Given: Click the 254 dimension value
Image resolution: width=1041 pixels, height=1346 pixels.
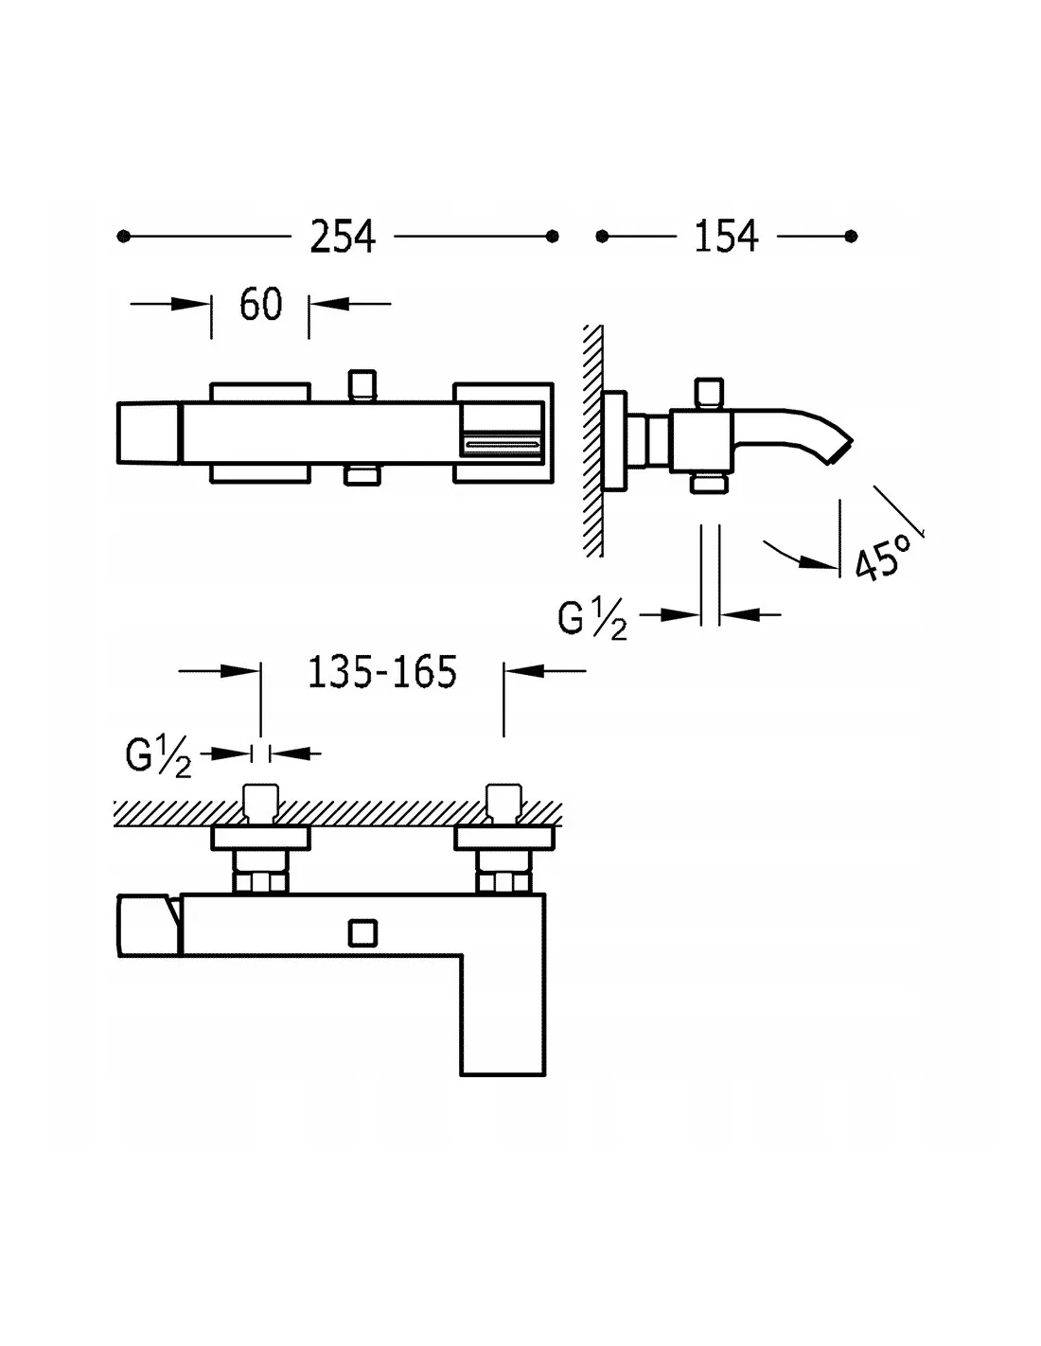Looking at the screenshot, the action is (x=342, y=237).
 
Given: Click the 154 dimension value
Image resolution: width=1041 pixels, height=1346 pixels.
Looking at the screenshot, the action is (x=726, y=236).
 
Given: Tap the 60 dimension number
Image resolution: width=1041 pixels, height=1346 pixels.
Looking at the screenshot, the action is (x=260, y=304).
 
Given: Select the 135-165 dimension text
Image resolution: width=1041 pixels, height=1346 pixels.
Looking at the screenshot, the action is (x=382, y=671).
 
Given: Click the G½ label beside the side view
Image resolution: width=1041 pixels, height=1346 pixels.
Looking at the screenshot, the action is (x=592, y=619).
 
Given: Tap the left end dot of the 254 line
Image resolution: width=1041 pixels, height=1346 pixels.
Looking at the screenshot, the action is (x=124, y=237).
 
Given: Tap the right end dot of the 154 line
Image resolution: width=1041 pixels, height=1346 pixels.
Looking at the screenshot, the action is (x=851, y=236).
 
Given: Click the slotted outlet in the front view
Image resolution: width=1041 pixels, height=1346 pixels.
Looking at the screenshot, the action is (x=503, y=444).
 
